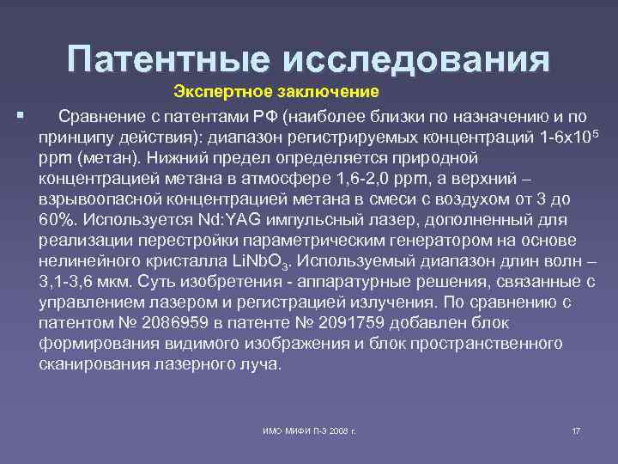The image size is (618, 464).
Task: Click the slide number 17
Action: [576, 429]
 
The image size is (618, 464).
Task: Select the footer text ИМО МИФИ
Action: [283, 429]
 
